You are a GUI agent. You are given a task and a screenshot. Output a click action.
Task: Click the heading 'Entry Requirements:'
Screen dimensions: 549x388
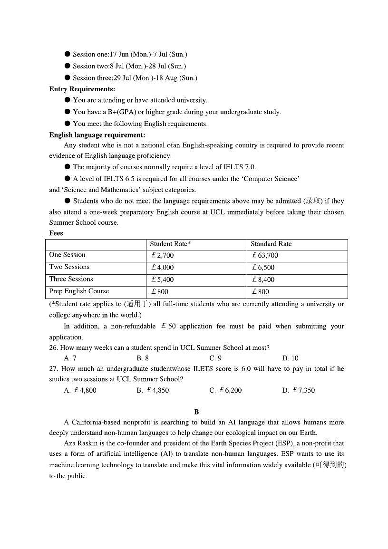tap(82, 89)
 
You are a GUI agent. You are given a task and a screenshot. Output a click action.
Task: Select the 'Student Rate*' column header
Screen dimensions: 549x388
tap(170, 244)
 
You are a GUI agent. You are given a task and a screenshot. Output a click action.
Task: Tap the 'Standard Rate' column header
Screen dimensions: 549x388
tap(271, 244)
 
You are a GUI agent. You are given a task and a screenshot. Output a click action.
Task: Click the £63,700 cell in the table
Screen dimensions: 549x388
tap(265, 255)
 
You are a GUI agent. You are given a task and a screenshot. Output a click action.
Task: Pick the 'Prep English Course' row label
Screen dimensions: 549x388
tap(79, 291)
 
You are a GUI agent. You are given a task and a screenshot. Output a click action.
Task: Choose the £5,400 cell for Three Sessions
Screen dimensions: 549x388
tap(162, 279)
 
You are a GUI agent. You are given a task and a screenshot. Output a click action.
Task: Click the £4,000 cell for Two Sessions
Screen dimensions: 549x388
tap(162, 268)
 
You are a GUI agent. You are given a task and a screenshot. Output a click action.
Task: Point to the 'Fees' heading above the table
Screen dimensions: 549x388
tap(56, 233)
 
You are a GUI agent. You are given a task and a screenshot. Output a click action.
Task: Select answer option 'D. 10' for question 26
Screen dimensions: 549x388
tap(290, 358)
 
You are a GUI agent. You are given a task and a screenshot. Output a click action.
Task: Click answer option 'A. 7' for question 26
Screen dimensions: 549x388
tap(70, 358)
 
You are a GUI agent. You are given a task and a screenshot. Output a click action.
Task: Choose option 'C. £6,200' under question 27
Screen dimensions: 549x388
tap(225, 390)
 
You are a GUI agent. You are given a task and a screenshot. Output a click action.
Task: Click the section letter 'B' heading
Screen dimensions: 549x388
tap(196, 412)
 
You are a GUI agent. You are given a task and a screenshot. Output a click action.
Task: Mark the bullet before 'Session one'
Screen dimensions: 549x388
tap(67, 54)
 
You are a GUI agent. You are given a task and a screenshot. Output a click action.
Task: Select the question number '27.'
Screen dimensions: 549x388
tap(53, 369)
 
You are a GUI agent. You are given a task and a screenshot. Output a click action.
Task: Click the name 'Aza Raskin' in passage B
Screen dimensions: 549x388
tap(80, 443)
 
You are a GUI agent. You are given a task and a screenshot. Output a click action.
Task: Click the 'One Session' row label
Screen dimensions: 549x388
tap(67, 255)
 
